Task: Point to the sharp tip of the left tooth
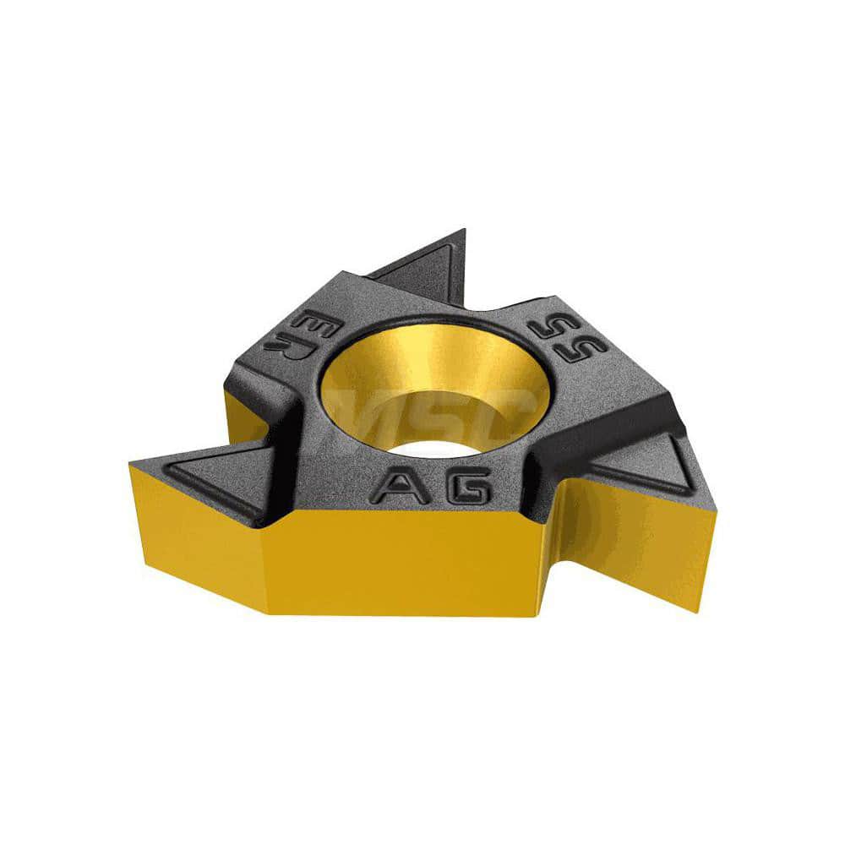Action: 130,462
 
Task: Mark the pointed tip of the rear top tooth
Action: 462,230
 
